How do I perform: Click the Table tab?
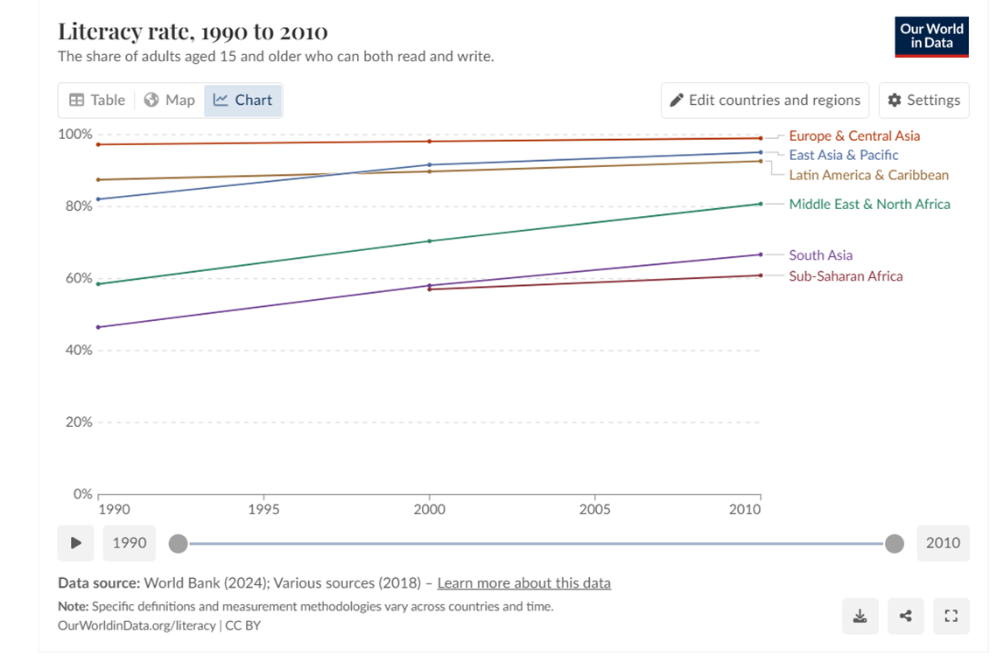(97, 100)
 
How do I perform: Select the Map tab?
(169, 100)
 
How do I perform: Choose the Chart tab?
(243, 100)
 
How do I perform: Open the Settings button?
(924, 100)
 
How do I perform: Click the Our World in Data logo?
(931, 37)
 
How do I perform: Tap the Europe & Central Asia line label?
(854, 136)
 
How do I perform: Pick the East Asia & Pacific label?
(844, 155)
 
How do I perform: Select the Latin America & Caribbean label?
(868, 175)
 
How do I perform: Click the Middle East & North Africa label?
(869, 204)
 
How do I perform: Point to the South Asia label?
(820, 255)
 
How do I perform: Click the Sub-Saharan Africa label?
(846, 276)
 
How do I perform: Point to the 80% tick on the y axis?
(75, 206)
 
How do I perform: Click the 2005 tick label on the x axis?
(594, 509)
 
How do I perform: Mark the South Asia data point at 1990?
(98, 327)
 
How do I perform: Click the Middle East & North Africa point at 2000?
(429, 240)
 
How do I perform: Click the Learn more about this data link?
(523, 583)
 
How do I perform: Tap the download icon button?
(860, 617)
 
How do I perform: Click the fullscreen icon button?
(951, 617)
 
